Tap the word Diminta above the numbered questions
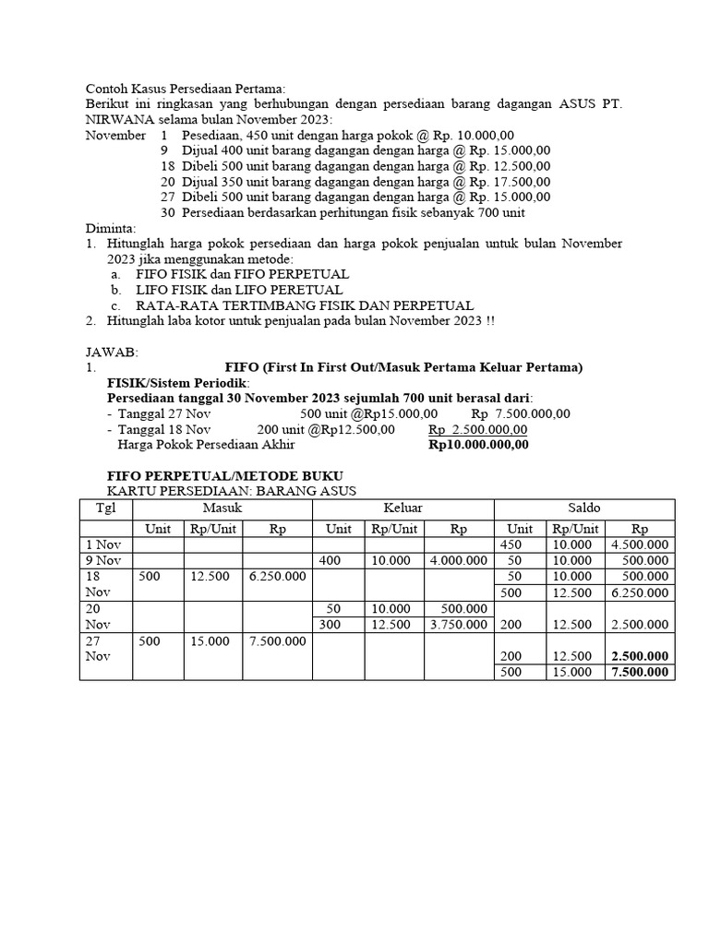point(110,228)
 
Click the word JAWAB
point(111,352)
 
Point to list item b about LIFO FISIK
point(238,290)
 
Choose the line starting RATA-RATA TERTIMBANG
point(304,305)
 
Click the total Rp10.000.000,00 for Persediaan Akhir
point(479,444)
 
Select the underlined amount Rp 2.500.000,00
point(478,429)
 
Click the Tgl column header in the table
point(106,508)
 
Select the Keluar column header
point(403,508)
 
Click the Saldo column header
point(585,508)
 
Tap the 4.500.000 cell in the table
point(640,544)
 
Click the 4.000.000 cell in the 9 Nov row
point(459,560)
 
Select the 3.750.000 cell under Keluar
point(459,625)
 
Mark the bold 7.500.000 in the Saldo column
point(640,672)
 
